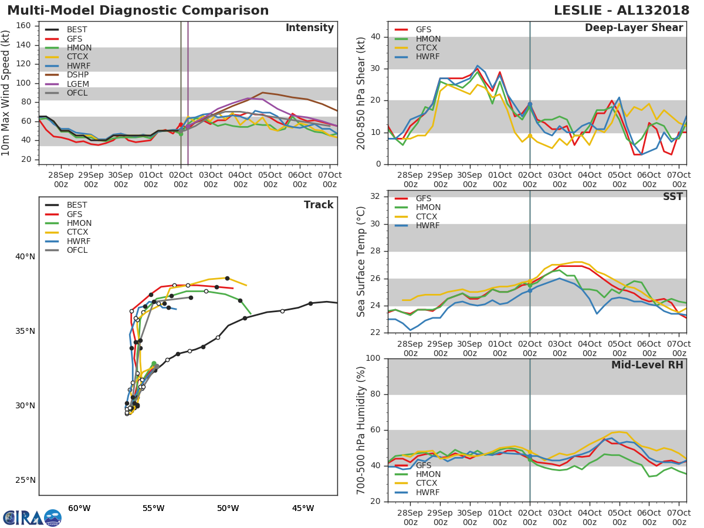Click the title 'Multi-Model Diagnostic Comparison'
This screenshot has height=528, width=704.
click(x=138, y=11)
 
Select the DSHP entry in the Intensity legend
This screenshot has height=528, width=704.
click(x=77, y=75)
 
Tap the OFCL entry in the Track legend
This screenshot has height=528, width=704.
click(x=77, y=251)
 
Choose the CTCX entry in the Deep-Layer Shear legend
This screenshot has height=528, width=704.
click(x=428, y=48)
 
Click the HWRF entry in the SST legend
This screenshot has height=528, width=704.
click(x=428, y=226)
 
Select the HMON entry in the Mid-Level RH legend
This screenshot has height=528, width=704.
click(x=428, y=475)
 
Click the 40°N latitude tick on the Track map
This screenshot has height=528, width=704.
click(x=25, y=257)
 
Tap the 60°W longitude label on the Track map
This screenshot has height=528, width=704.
click(x=79, y=508)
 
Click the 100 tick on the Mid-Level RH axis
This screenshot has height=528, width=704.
click(x=373, y=358)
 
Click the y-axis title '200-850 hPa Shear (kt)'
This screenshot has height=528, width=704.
click(x=362, y=93)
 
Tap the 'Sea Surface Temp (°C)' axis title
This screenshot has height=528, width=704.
click(x=362, y=262)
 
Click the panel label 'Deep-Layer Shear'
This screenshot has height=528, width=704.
click(x=634, y=28)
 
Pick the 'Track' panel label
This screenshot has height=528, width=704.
click(x=319, y=205)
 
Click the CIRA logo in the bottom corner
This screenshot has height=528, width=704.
click(x=32, y=517)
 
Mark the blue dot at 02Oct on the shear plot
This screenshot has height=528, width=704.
click(x=530, y=104)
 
